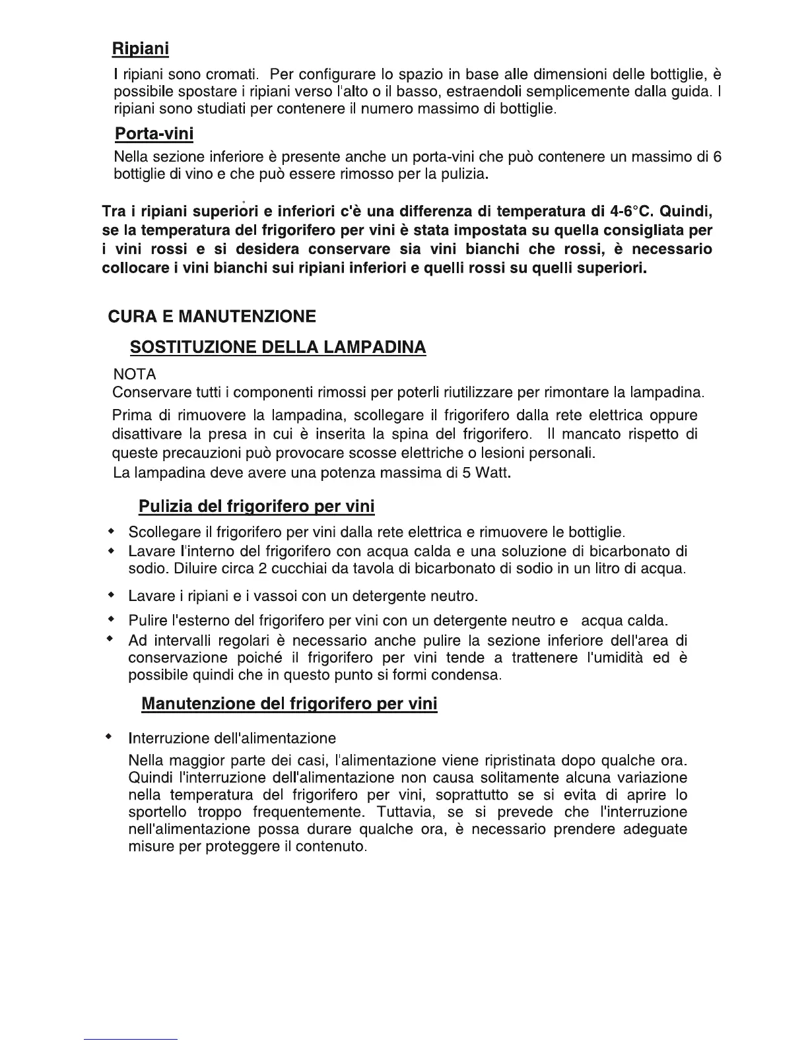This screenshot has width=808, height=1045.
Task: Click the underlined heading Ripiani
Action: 140,49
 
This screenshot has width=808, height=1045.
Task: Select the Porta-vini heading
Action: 154,134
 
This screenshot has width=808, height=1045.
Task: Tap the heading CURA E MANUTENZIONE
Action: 212,317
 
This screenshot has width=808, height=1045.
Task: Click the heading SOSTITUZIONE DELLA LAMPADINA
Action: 278,348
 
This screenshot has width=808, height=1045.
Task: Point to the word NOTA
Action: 135,375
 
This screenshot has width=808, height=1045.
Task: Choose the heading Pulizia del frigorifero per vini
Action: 256,507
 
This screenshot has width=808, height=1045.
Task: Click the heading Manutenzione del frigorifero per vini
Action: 289,704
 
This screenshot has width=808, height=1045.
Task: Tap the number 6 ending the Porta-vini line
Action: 718,157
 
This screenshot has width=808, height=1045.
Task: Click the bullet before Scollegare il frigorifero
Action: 111,532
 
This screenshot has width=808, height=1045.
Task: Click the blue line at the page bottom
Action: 131,1039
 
